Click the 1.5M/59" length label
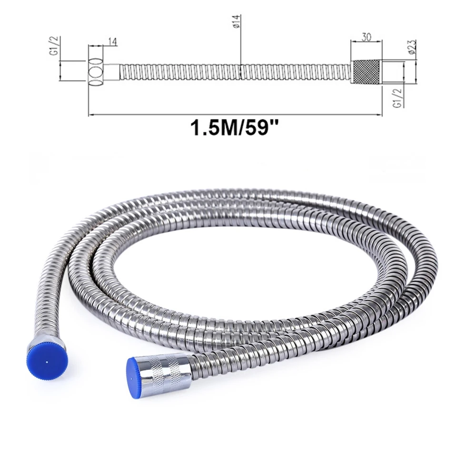coord(234,128)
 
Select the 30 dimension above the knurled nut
coord(366,37)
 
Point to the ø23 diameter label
coord(412,47)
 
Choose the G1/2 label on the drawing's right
coord(397,99)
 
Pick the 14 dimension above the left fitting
coord(113,42)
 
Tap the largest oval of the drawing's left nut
coord(96,72)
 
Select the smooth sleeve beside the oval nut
coord(111,72)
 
